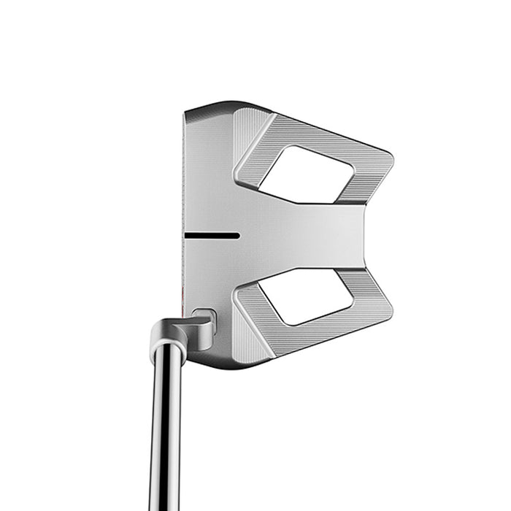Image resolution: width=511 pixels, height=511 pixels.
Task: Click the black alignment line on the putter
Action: [x=212, y=235]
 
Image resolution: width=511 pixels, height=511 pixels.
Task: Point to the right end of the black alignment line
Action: [x=238, y=235]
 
